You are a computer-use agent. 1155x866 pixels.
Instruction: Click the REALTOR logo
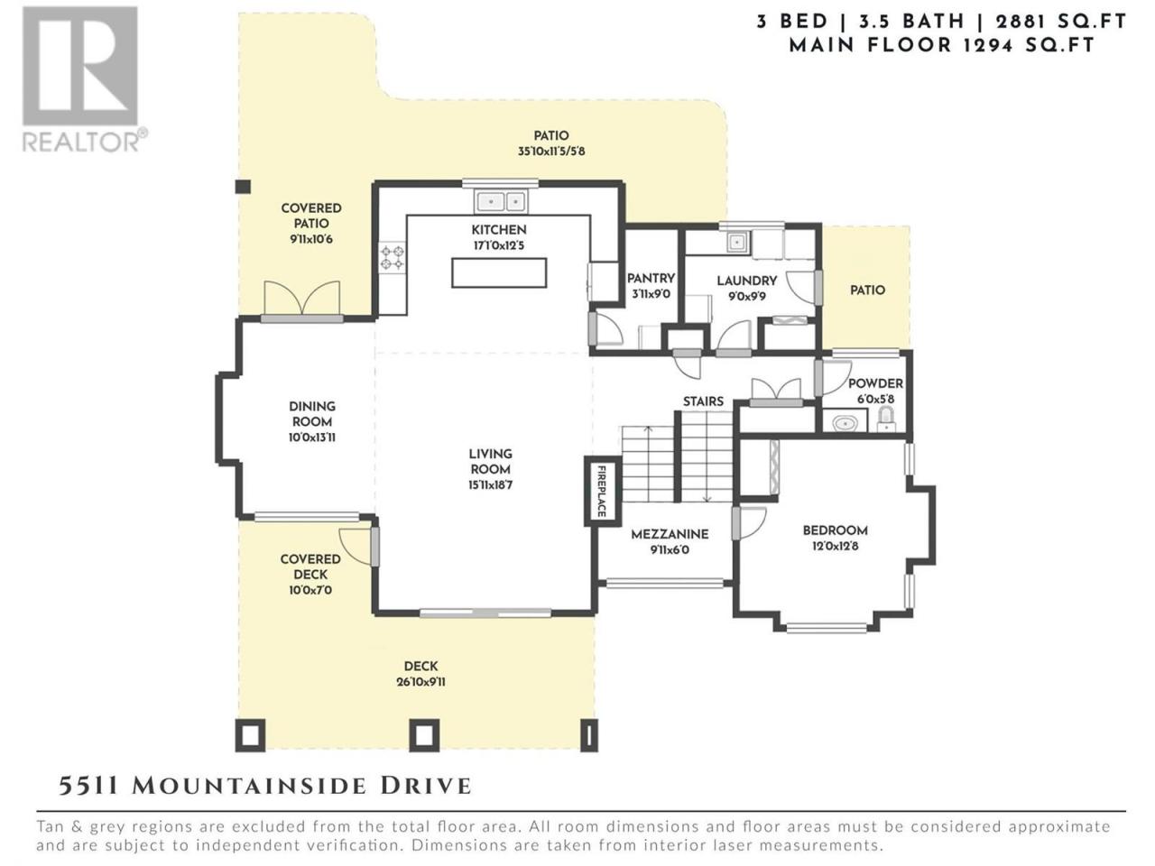pos(84,78)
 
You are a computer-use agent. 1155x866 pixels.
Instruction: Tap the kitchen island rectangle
pos(498,272)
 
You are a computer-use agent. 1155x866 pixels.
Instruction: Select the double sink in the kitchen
pos(501,201)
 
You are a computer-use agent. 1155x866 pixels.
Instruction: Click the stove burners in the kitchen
pos(393,258)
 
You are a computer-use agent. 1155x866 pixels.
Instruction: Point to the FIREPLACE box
pos(602,491)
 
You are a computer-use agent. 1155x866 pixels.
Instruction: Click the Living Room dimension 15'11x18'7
pos(490,484)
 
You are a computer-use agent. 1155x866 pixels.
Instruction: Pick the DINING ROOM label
pos(312,414)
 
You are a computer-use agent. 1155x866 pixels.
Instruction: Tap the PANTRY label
pos(651,278)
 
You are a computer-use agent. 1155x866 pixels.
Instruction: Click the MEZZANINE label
pos(670,534)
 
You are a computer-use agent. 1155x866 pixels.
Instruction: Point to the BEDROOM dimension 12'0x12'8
pos(835,546)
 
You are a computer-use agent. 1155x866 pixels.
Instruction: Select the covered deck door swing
pos(356,547)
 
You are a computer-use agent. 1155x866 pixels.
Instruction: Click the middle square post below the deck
pos(423,735)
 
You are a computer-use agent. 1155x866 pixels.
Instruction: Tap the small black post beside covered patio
pos(243,187)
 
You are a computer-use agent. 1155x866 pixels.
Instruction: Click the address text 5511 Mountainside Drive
pos(264,787)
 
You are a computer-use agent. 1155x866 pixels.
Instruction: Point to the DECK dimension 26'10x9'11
pos(420,682)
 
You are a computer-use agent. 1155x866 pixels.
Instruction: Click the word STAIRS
pos(703,401)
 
